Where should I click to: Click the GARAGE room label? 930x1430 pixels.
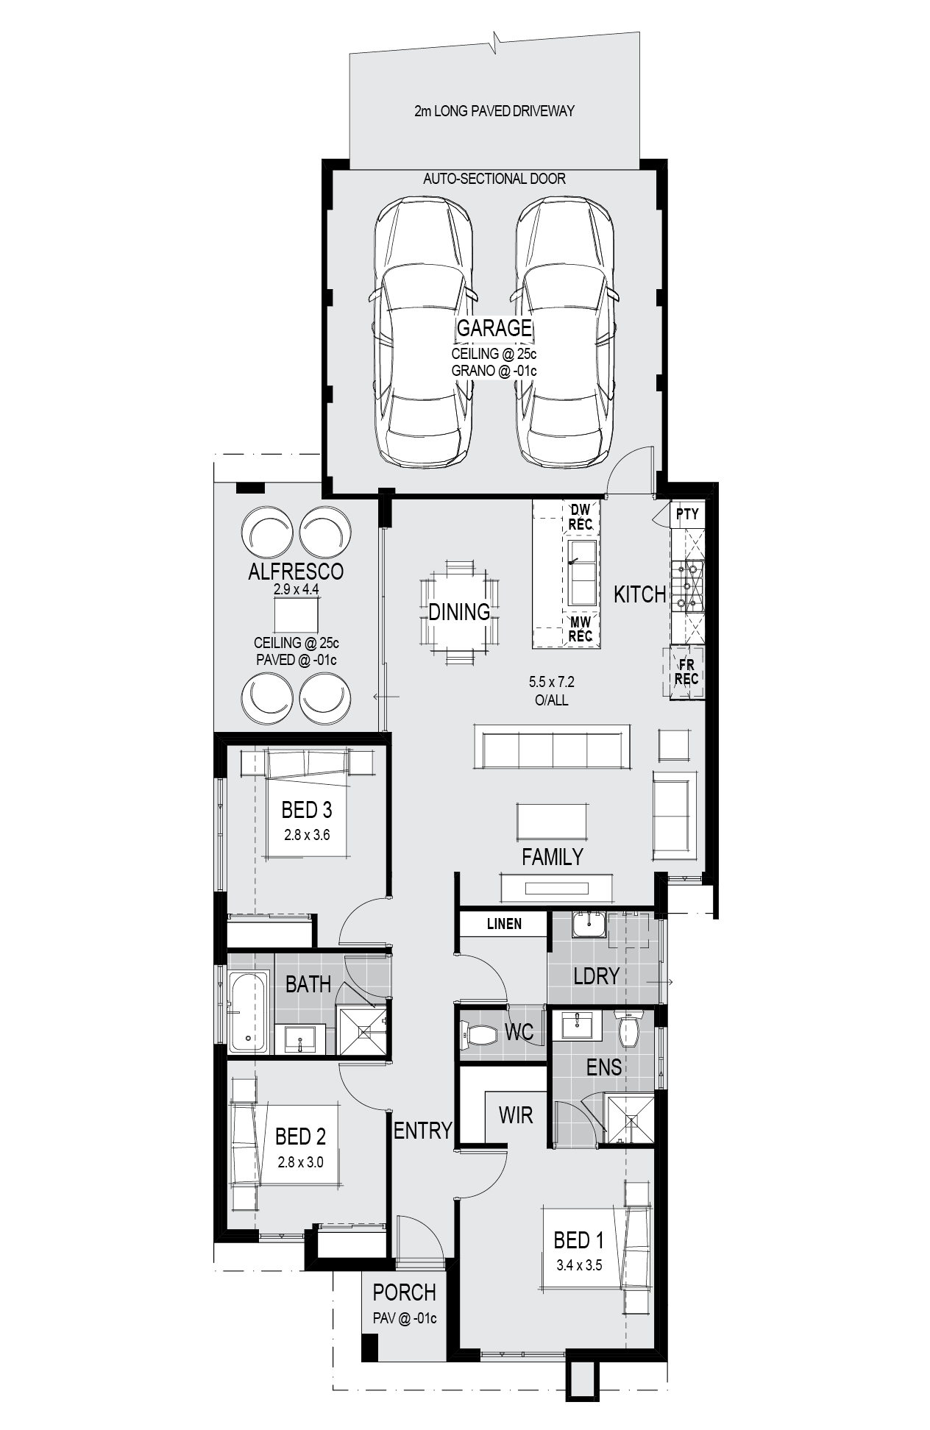pos(494,328)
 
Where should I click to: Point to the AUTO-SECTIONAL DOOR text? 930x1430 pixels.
pos(494,179)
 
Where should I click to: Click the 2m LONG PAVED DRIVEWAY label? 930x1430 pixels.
pos(494,111)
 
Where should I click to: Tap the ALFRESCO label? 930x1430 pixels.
pos(296,571)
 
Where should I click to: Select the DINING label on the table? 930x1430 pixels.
pos(459,611)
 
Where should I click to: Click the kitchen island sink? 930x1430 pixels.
pos(582,573)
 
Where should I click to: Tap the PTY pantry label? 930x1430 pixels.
pos(687,514)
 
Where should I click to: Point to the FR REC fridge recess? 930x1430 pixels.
pos(686,672)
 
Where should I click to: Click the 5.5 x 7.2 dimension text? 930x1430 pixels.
pos(552,683)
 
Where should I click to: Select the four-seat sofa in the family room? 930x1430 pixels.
pos(553,747)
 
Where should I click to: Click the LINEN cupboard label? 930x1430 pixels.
pos(504,924)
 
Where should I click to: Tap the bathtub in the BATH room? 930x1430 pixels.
pos(248,1012)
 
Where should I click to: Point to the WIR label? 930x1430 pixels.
pos(516,1115)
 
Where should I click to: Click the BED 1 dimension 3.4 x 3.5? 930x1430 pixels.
pos(579,1266)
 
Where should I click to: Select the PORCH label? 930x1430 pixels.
pos(404,1292)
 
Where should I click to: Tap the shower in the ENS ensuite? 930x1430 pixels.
pos(629,1120)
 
